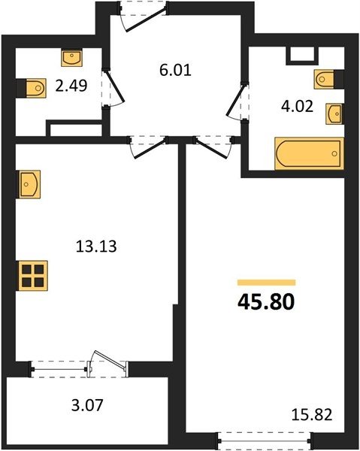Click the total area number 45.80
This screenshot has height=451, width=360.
tap(266, 302)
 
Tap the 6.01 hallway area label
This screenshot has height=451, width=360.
tap(175, 70)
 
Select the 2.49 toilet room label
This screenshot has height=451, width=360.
tap(71, 86)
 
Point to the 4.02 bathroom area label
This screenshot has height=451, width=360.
tap(297, 107)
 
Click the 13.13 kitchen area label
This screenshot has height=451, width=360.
tap(96, 247)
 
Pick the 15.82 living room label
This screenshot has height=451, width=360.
tap(312, 415)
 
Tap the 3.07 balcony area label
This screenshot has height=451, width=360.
tap(87, 405)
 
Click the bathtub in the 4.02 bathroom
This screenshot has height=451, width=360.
tap(309, 153)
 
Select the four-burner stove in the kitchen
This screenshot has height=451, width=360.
tap(32, 276)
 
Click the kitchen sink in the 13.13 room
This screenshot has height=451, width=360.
tap(29, 184)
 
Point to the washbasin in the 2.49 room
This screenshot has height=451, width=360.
tap(72, 58)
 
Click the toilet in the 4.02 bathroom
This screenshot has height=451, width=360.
tap(327, 79)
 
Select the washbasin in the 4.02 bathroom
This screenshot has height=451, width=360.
tap(334, 114)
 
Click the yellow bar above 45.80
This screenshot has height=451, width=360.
tap(266, 283)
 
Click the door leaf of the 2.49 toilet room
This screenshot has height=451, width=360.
tap(115, 86)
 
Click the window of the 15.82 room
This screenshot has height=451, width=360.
tap(265, 440)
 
